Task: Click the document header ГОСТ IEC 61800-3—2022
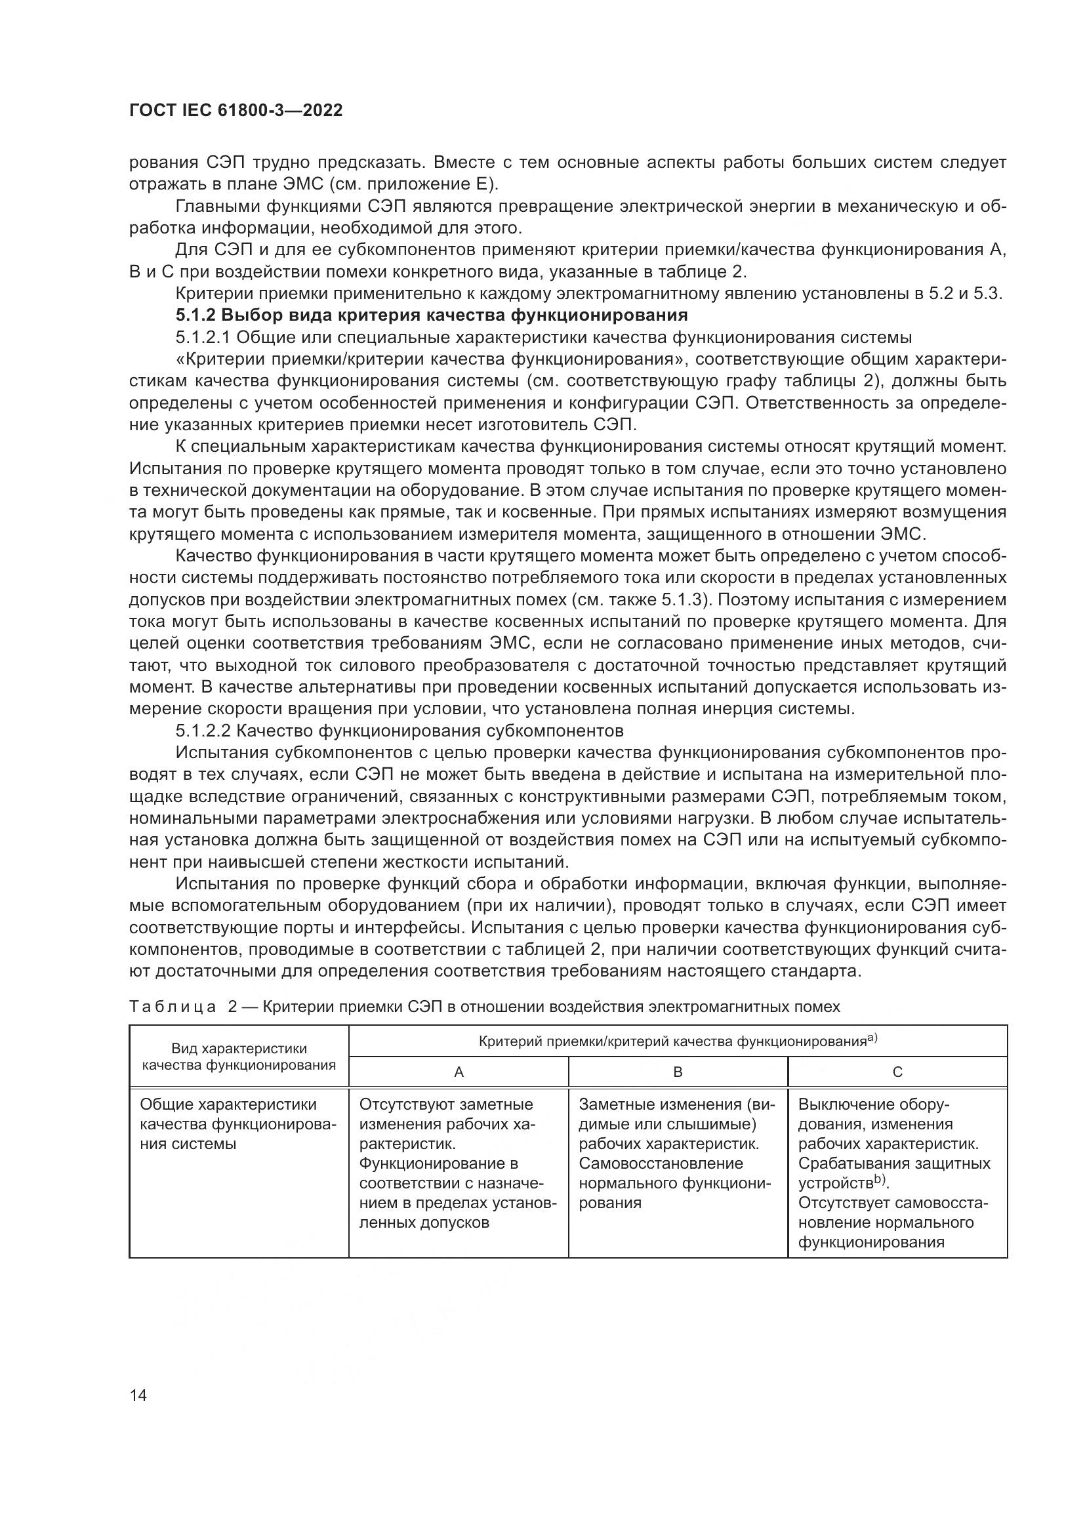[236, 110]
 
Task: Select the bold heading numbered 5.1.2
[431, 315]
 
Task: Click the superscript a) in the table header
[872, 1038]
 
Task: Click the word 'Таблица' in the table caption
[173, 1006]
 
